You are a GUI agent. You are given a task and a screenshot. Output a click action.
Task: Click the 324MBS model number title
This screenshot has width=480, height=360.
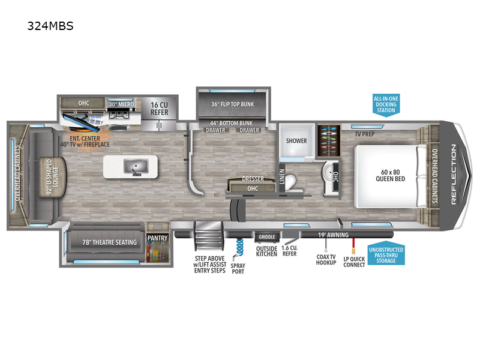pyautogui.click(x=50, y=26)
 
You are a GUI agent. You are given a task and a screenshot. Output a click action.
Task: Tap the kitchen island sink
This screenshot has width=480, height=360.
pyautogui.click(x=136, y=167)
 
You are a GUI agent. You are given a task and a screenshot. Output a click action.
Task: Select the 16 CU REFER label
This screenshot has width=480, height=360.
pyautogui.click(x=159, y=109)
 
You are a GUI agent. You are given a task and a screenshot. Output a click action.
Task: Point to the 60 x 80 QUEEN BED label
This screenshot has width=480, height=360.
pyautogui.click(x=391, y=175)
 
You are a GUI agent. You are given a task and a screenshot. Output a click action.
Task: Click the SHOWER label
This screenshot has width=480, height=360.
pyautogui.click(x=296, y=141)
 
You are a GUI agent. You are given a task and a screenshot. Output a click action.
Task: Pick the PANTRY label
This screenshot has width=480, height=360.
pyautogui.click(x=158, y=238)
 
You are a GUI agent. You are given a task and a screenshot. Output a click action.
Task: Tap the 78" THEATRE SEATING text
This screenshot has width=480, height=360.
pyautogui.click(x=110, y=242)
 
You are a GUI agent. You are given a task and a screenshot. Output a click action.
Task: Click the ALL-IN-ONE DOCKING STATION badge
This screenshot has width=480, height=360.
pyautogui.click(x=386, y=104)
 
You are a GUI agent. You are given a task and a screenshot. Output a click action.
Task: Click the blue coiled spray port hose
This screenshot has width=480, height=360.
pyautogui.click(x=239, y=247)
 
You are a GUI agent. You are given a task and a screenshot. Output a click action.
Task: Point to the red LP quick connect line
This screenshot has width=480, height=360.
pyautogui.click(x=353, y=246)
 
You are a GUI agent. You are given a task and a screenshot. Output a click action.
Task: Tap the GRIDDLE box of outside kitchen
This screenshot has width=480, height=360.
pyautogui.click(x=266, y=237)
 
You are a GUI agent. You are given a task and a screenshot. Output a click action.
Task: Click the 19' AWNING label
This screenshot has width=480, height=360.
pyautogui.click(x=333, y=235)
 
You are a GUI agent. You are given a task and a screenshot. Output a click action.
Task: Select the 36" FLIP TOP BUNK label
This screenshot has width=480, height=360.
pyautogui.click(x=233, y=104)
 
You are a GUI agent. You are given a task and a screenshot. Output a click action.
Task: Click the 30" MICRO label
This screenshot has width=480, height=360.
pyautogui.click(x=122, y=104)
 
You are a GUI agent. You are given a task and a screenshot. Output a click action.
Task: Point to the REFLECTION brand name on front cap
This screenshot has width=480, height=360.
pyautogui.click(x=454, y=175)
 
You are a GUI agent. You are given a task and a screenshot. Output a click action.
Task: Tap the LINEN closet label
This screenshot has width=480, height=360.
pyautogui.click(x=282, y=176)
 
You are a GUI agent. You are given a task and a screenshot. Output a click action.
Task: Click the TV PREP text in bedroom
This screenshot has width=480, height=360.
pyautogui.click(x=365, y=134)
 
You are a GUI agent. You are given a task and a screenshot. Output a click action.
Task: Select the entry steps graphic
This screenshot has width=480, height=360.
pyautogui.click(x=208, y=235)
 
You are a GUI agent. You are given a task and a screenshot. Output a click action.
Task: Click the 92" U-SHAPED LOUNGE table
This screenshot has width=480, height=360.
pyautogui.click(x=53, y=177)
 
